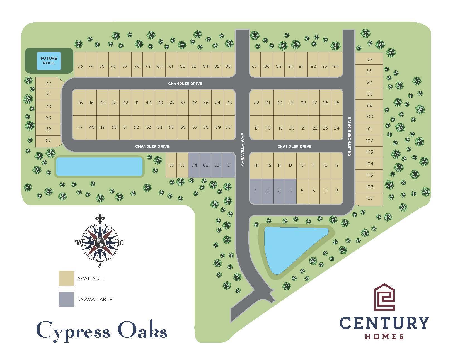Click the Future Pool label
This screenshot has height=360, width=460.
[x=49, y=61]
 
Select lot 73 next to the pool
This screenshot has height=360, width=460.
[x=80, y=66]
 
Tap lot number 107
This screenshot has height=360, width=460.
[x=369, y=198]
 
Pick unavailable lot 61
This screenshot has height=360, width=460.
[x=229, y=165]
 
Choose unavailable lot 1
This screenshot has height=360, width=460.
[x=256, y=191]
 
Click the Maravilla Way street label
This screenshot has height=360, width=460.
[x=242, y=150]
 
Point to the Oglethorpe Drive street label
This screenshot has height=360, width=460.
[x=349, y=136]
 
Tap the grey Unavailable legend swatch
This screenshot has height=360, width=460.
[x=66, y=299]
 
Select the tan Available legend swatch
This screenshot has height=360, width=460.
[x=66, y=278]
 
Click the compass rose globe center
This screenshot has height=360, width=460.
[x=100, y=243]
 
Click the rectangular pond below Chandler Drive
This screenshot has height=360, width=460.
[x=99, y=166]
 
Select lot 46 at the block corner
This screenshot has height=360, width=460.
[x=80, y=103]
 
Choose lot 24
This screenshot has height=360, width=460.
[x=336, y=128]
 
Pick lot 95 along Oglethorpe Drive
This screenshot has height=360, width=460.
[x=369, y=59]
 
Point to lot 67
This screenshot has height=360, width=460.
[x=48, y=140]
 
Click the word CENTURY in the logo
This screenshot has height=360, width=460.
[x=384, y=323]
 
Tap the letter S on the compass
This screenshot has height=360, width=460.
[x=100, y=265]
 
